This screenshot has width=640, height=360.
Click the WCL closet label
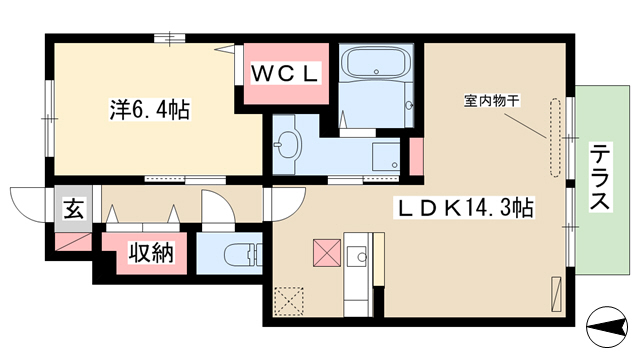pos(285,74)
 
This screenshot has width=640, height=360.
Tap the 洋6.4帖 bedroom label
pos(149,109)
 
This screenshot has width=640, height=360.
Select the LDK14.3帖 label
pos(463,208)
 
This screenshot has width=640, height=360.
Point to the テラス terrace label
pos(601,177)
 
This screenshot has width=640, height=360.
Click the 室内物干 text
pos(492,100)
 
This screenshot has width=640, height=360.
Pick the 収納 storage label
pos(151,253)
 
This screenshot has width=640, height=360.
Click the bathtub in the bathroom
pos(376,62)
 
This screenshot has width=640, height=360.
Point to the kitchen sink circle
pos(362,257)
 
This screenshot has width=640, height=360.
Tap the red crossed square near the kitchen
pos(327,253)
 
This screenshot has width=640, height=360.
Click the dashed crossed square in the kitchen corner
pos(289,301)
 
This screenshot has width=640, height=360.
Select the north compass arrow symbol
pos(607,326)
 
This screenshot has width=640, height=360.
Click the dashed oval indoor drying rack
pos(555,138)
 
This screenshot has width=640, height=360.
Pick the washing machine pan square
pos(386,156)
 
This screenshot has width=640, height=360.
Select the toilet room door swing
pos(219,206)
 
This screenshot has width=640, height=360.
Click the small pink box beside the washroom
pos(416,157)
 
